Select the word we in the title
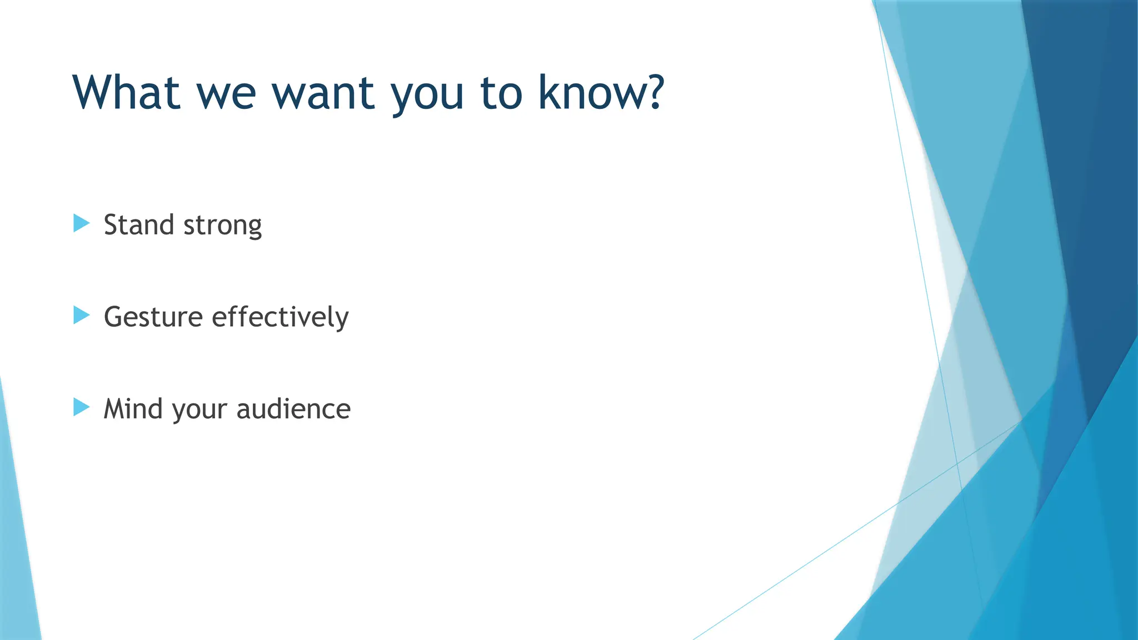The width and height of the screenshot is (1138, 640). pos(226,93)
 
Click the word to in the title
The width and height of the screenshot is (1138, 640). pos(501,93)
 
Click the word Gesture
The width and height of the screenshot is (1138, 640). pos(153,318)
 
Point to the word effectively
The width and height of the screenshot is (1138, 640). pos(280,317)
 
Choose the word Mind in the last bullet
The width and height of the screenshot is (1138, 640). pos(133,409)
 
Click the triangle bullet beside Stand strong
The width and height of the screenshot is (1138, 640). pos(81,223)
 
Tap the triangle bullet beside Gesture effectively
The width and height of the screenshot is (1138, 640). pos(81,316)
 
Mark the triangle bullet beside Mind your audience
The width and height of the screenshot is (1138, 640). pos(81,407)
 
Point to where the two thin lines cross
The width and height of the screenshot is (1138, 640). pos(957,463)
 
